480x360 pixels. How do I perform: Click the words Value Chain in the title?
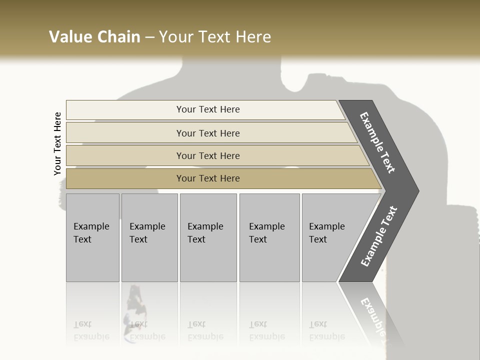94,37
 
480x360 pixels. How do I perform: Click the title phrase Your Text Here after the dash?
215,37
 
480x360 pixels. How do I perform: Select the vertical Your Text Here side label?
57,143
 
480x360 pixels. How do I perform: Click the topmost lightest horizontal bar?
208,109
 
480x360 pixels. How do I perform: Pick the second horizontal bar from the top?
208,133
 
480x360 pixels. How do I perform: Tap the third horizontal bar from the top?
208,155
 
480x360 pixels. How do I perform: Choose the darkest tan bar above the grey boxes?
208,178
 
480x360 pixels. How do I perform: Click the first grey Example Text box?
92,237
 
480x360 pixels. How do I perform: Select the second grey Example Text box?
149,237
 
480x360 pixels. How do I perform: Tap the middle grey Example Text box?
208,237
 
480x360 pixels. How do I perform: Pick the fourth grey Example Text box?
269,237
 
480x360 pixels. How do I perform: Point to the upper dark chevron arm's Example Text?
378,142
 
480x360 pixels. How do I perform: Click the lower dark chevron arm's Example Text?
379,236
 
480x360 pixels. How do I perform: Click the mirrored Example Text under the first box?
91,330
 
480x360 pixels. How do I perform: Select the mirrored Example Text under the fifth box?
327,330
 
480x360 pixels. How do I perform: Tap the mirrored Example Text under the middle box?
205,330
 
